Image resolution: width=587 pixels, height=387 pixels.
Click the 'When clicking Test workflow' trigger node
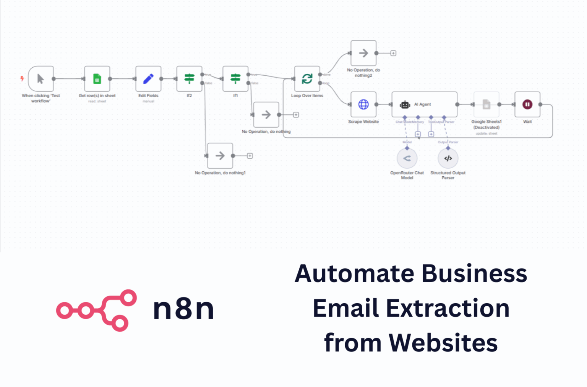(41, 79)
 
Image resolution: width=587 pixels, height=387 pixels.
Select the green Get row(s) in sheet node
(97, 79)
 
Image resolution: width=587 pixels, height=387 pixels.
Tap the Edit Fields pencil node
(148, 79)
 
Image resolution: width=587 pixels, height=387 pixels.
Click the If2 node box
(189, 79)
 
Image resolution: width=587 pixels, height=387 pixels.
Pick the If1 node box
(235, 79)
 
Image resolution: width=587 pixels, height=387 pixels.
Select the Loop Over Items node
(307, 79)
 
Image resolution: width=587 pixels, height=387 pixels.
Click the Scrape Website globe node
(363, 104)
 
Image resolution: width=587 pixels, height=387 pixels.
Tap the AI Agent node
(424, 104)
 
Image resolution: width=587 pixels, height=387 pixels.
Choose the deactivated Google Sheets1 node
(486, 104)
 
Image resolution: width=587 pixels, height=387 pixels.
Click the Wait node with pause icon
(527, 104)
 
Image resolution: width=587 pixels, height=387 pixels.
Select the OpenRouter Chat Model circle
(407, 158)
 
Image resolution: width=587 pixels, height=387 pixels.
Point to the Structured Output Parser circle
(448, 158)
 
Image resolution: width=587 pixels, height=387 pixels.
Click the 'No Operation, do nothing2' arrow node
(363, 53)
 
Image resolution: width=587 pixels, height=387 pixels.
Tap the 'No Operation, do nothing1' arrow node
(220, 156)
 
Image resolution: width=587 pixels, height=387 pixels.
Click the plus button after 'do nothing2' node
(393, 53)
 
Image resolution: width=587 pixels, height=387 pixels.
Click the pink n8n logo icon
(97, 310)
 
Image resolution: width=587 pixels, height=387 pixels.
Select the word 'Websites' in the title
(443, 343)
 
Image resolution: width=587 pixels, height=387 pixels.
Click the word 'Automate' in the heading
(354, 274)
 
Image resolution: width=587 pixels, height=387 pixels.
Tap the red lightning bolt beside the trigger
(22, 79)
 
